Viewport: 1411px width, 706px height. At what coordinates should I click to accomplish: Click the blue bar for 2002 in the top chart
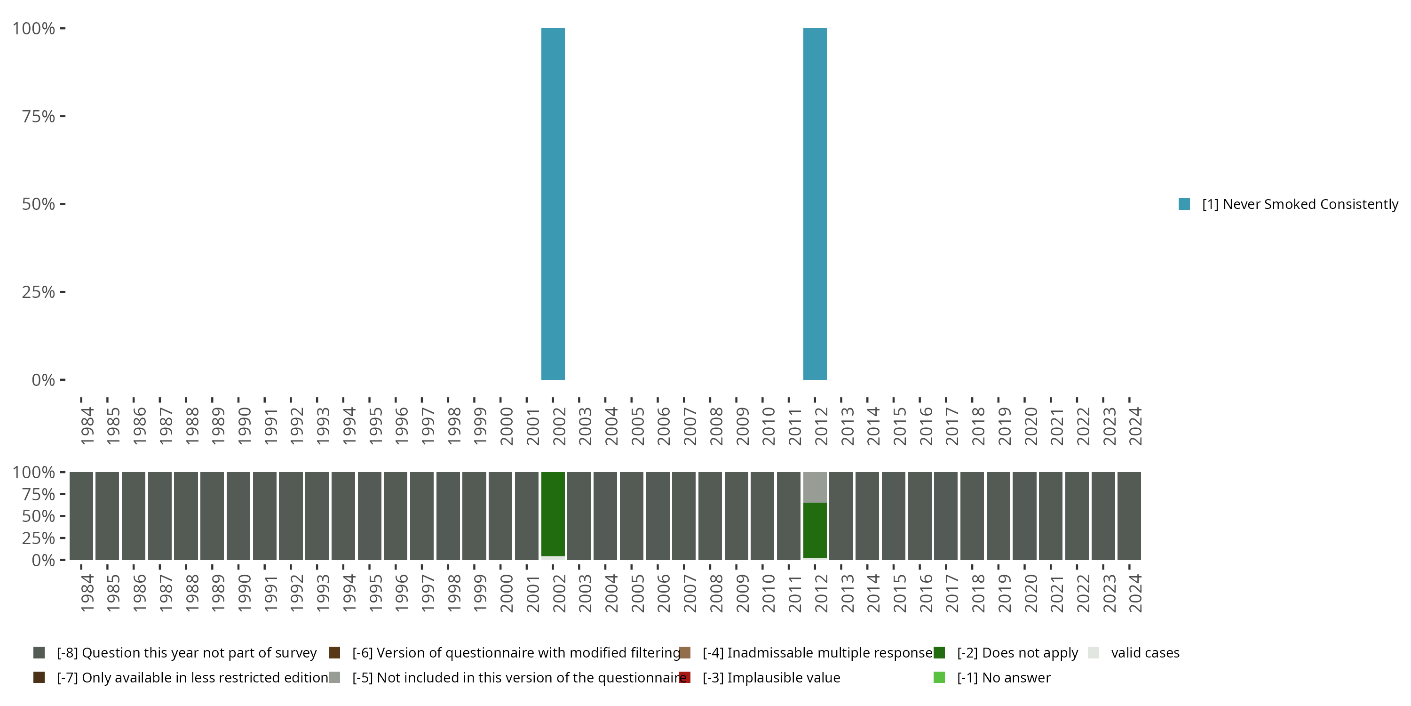(x=553, y=204)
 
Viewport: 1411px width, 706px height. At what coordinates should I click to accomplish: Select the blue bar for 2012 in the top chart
(x=815, y=204)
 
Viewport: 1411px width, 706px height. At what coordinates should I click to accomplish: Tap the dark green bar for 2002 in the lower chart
(x=553, y=514)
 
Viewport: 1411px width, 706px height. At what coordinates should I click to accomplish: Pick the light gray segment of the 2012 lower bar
(x=815, y=487)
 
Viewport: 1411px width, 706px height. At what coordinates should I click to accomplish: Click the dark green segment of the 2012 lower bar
(x=815, y=530)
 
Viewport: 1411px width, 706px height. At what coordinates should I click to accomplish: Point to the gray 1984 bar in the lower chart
(x=81, y=516)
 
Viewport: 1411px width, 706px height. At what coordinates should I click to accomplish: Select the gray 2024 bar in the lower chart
(x=1129, y=516)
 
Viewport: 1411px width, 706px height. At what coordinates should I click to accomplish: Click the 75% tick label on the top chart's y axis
(x=39, y=116)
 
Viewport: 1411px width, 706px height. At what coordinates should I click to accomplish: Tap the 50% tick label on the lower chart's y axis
(x=39, y=516)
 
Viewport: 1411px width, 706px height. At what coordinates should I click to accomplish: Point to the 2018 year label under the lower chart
(x=978, y=593)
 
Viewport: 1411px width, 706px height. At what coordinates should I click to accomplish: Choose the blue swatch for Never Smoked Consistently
(x=1184, y=204)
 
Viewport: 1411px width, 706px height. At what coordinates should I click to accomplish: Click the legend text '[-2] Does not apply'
(x=1017, y=653)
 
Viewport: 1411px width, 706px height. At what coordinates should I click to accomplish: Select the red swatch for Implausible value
(x=685, y=677)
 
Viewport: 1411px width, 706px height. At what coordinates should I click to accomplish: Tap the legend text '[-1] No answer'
(x=1004, y=677)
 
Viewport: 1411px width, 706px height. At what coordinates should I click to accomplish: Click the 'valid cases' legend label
(x=1145, y=653)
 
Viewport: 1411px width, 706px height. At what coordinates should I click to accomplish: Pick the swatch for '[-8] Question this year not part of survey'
(x=39, y=653)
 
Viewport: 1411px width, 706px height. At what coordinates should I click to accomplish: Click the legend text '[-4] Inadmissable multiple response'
(x=817, y=653)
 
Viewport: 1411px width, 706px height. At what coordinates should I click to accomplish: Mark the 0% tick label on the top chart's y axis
(x=43, y=380)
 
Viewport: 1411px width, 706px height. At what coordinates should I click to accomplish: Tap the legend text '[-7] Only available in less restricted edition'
(x=192, y=677)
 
